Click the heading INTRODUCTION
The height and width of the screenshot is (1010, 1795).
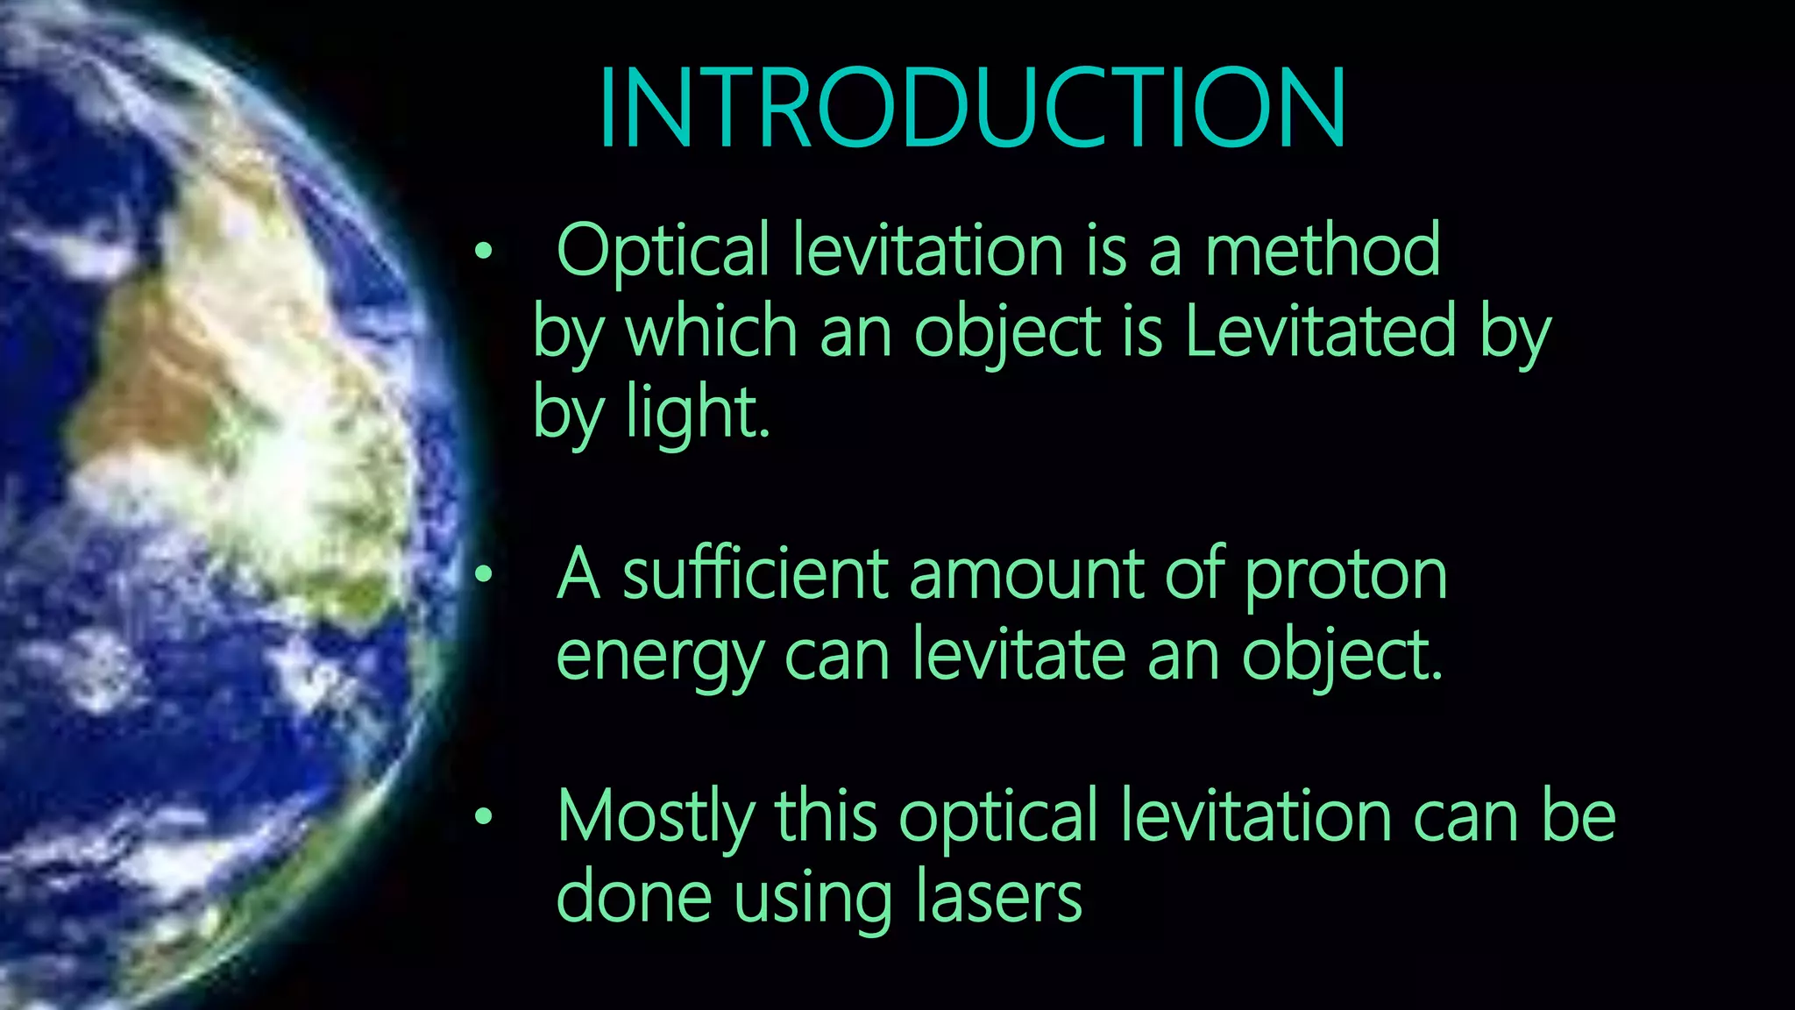(x=971, y=110)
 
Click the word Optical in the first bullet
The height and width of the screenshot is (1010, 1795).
(x=663, y=251)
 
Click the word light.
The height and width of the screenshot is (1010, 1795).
(x=697, y=413)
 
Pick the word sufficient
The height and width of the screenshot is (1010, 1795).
(x=756, y=575)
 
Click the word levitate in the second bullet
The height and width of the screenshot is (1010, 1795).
(x=1018, y=655)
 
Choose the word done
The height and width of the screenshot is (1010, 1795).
(x=634, y=897)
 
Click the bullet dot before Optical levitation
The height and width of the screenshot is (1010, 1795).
(x=483, y=252)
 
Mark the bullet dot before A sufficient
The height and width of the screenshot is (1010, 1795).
(x=483, y=576)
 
